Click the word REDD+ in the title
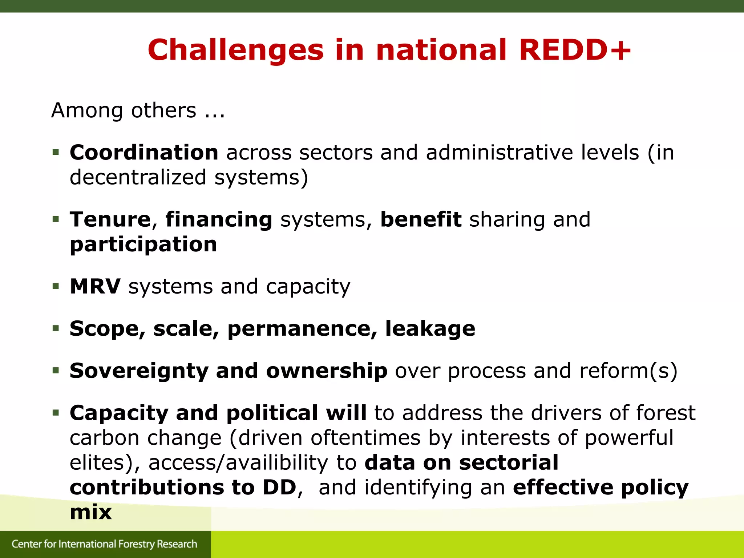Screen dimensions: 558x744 [x=575, y=50]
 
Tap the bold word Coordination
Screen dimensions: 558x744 [x=144, y=152]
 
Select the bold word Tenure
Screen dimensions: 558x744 [x=110, y=219]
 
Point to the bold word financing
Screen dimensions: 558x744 [x=219, y=220]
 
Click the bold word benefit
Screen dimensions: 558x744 [x=421, y=219]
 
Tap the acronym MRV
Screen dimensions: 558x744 [x=95, y=286]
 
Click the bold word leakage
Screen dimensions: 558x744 [x=430, y=328]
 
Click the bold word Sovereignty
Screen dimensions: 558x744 [x=139, y=371]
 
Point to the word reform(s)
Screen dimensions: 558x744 [x=628, y=371]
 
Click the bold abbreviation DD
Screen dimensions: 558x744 [x=279, y=487]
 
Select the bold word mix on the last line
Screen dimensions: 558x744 [x=90, y=512]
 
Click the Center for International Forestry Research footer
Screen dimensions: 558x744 [x=104, y=544]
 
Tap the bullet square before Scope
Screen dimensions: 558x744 [x=56, y=328]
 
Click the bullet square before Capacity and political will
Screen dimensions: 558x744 [x=56, y=413]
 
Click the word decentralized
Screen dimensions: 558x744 [x=138, y=178]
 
